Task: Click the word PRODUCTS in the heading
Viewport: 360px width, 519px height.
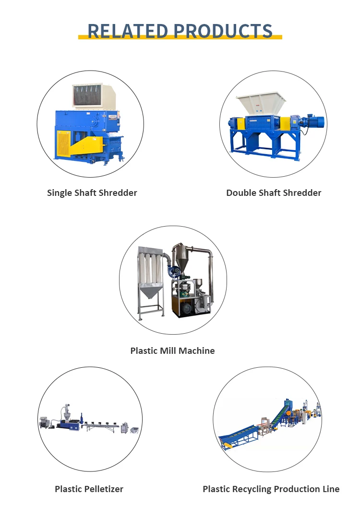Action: pos(223,31)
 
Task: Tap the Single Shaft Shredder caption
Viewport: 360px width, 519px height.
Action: pos(92,193)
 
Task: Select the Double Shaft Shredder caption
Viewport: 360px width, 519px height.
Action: pos(274,193)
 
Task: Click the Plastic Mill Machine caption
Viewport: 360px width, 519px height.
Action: pos(172,351)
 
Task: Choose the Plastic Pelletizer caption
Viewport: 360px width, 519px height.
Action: pos(89,489)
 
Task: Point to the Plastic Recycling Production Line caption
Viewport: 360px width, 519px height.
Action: pos(271,489)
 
